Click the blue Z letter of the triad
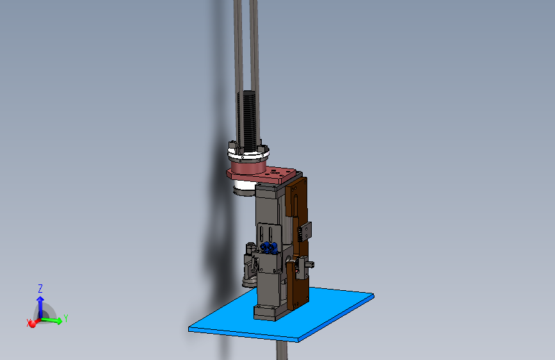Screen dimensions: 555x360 click(40, 288)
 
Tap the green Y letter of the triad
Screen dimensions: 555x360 click(65, 318)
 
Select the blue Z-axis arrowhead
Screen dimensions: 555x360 click(40, 300)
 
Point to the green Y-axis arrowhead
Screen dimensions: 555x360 click(59, 321)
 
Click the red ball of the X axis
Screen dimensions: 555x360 click(32, 323)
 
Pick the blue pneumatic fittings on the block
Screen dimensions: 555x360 click(269, 248)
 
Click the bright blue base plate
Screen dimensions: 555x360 click(282, 314)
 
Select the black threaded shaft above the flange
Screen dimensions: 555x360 click(249, 120)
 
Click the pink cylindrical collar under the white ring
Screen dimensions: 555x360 click(248, 167)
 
